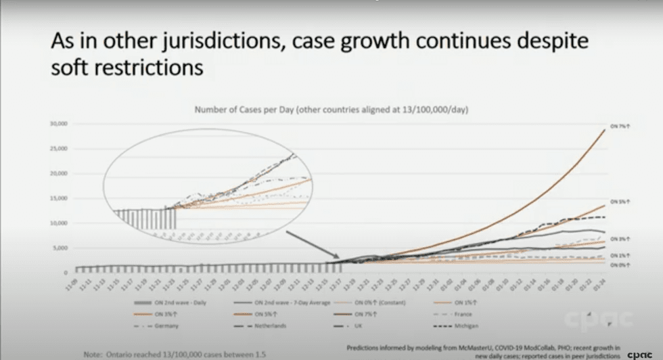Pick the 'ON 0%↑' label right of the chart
pos(617,265)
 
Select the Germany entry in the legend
pos(165,325)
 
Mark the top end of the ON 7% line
pos(604,129)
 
